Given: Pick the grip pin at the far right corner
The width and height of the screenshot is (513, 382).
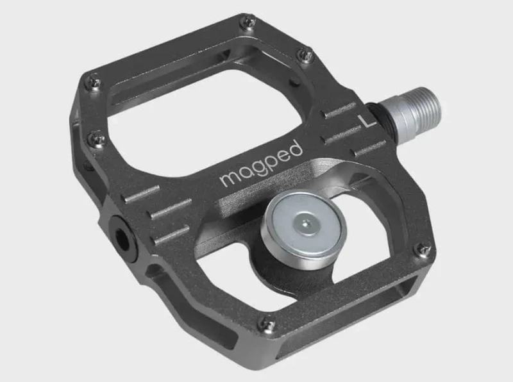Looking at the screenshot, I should [423, 249].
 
